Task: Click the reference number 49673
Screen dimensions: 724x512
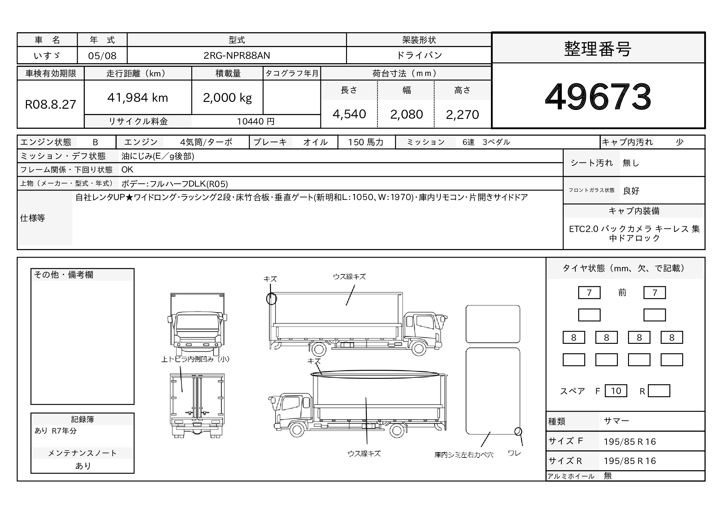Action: pos(598,96)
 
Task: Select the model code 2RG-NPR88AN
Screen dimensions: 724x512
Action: pos(236,55)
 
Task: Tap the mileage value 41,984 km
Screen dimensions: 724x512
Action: pos(138,98)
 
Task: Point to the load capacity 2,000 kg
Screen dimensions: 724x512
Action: pos(228,98)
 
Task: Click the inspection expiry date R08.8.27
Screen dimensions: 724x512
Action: pos(50,104)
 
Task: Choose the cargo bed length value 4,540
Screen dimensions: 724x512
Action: pos(349,114)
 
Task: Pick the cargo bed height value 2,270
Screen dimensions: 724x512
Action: pos(462,115)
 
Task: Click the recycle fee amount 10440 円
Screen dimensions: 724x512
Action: pos(256,121)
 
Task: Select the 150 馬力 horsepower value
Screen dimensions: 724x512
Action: pos(366,142)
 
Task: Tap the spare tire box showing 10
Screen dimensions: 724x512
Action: pos(616,391)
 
